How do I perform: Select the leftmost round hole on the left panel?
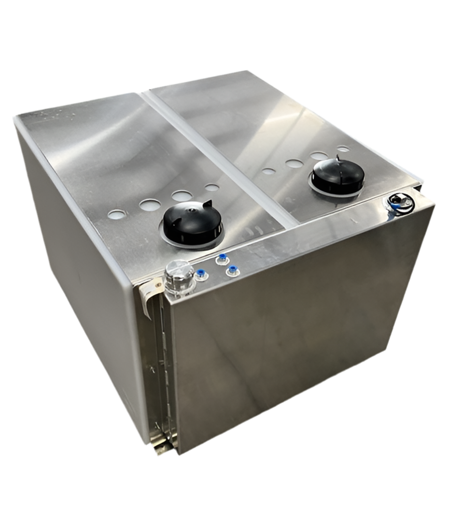116,213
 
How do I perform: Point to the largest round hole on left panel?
181,196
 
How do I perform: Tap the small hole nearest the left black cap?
211,187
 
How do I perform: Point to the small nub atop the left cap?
192,211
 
